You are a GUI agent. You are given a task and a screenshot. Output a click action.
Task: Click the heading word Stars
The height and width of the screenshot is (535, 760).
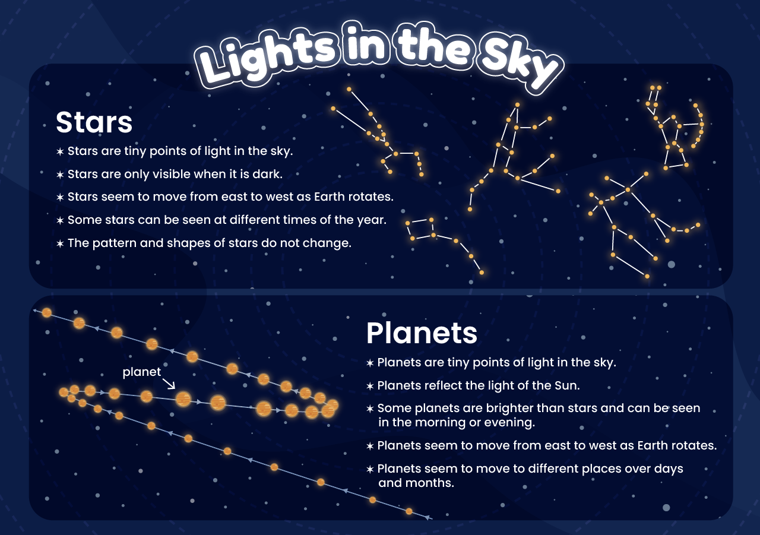coord(94,122)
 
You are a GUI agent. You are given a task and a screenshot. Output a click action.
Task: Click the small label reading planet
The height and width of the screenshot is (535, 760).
coord(141,372)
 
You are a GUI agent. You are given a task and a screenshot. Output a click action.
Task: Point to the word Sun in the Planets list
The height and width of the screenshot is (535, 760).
coord(566,385)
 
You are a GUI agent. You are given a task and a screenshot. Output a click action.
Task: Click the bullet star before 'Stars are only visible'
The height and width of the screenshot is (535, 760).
coord(59,175)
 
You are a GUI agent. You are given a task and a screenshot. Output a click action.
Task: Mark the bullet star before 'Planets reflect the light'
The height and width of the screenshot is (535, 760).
coord(370,386)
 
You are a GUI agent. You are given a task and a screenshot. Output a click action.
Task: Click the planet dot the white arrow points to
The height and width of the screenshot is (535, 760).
coord(183,399)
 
